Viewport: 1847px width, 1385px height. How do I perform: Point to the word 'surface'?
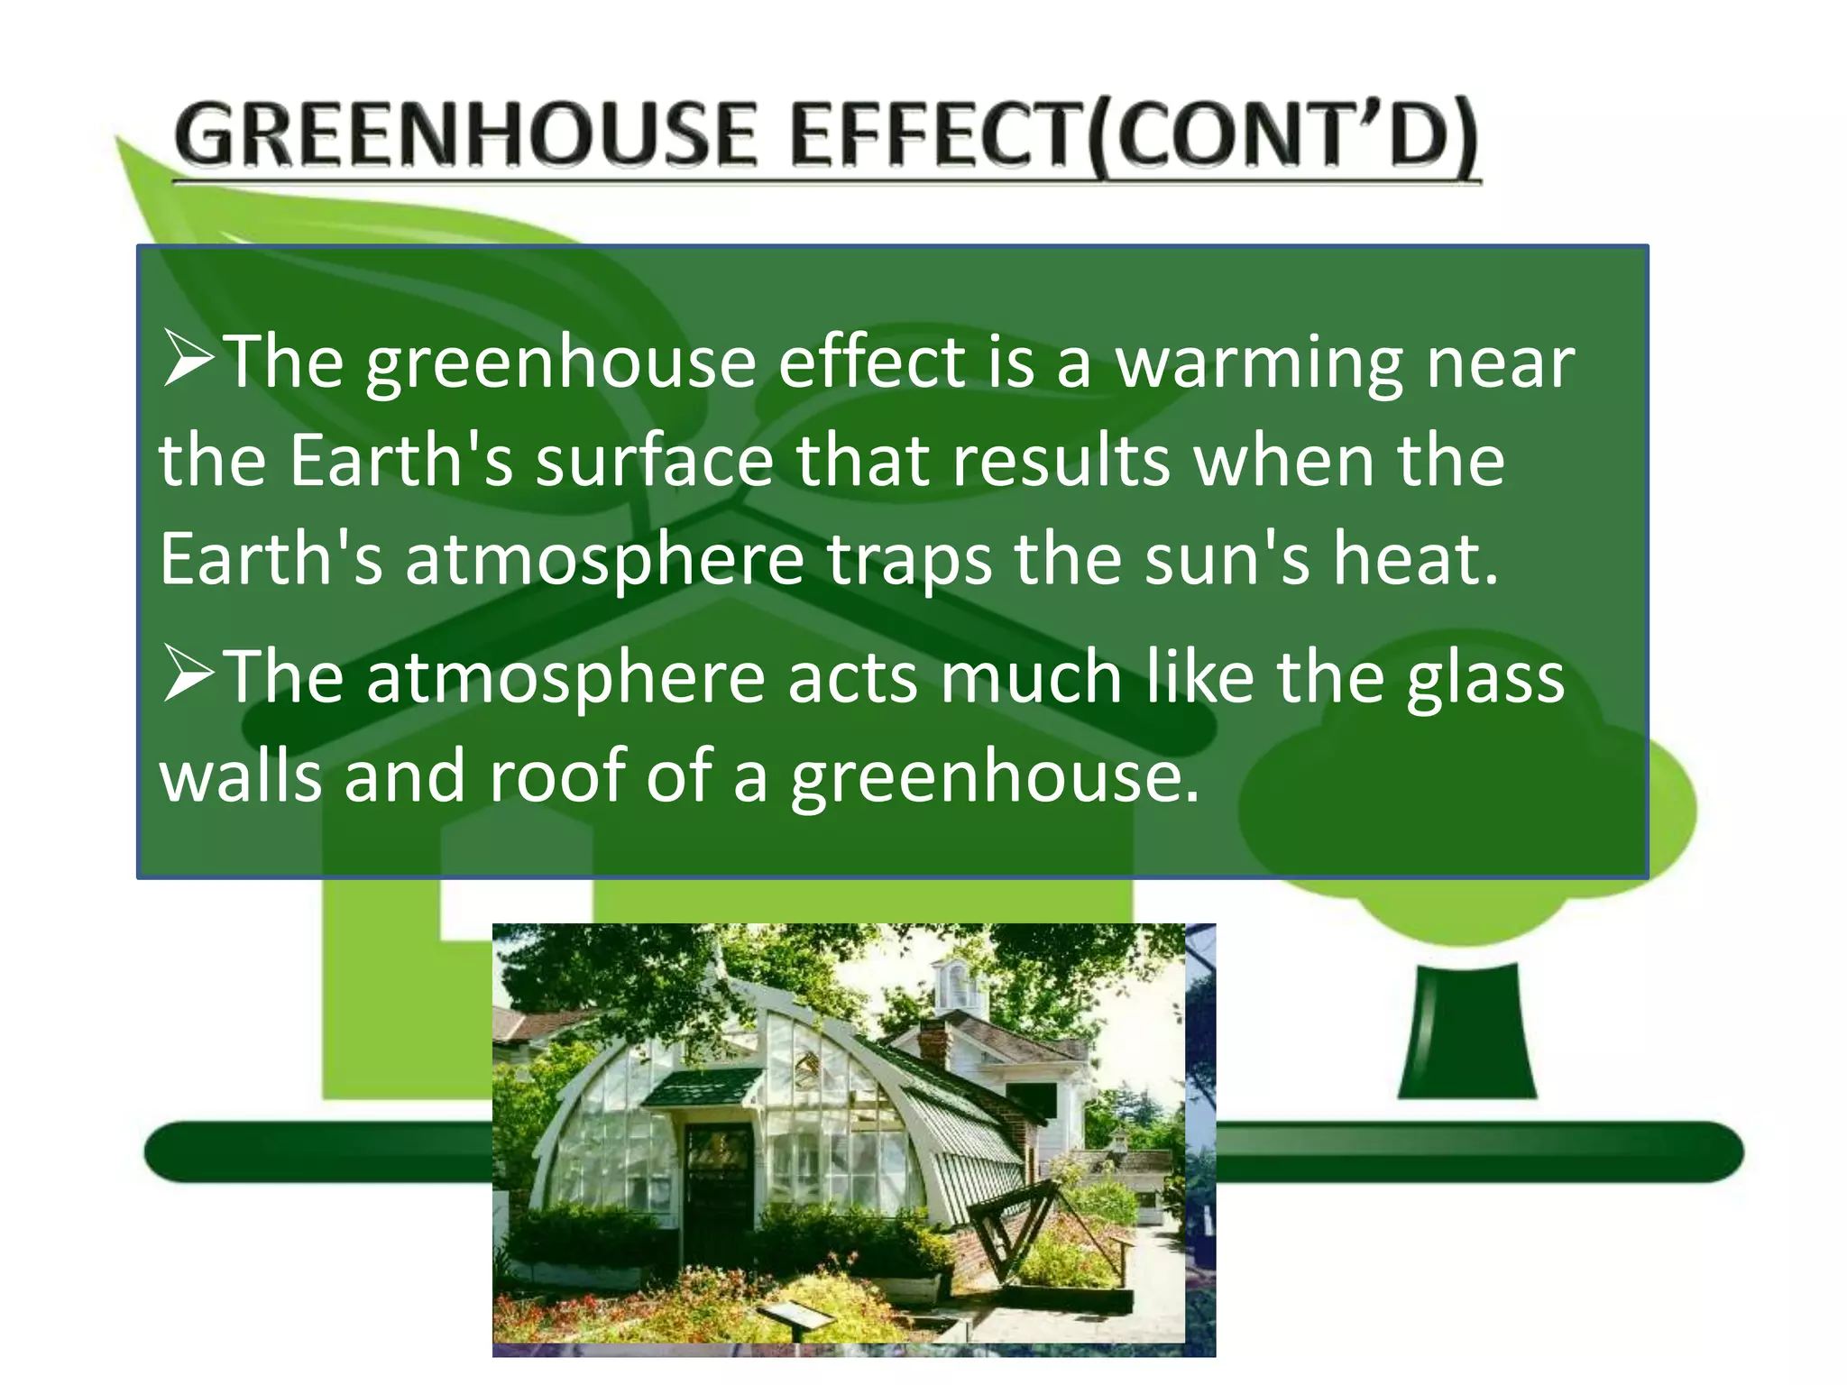pyautogui.click(x=654, y=461)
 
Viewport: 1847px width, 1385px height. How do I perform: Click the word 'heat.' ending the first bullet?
pyautogui.click(x=1416, y=559)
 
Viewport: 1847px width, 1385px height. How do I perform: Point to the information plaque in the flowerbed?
pyautogui.click(x=795, y=1316)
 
